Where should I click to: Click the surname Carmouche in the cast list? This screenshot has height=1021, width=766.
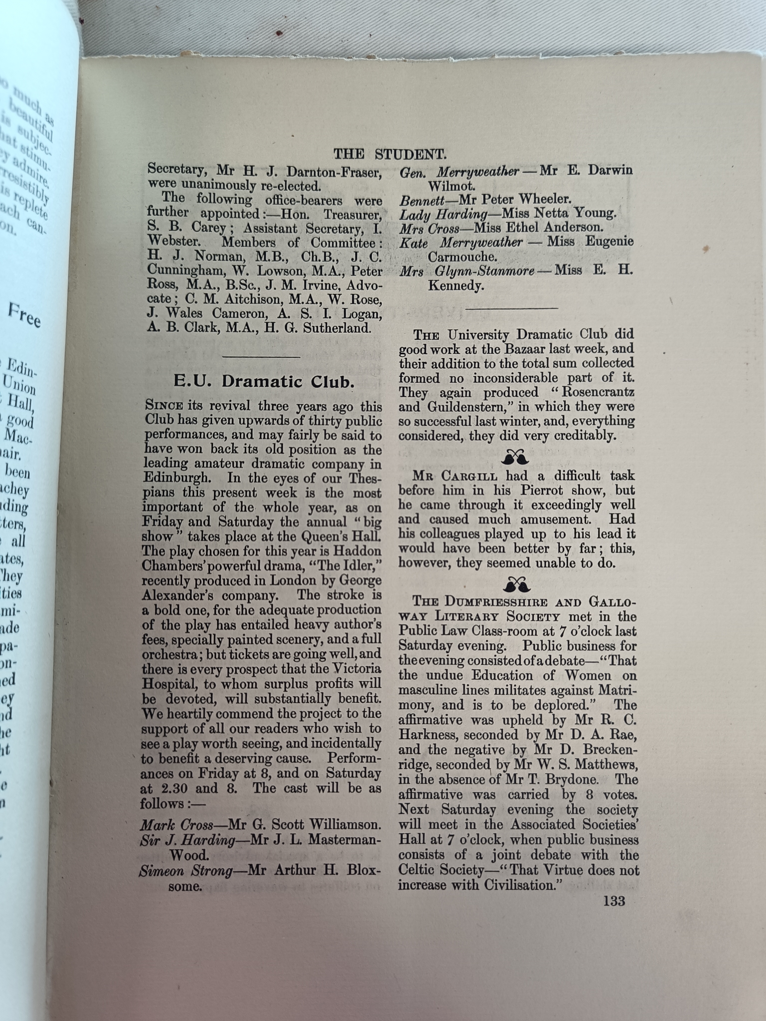(x=465, y=257)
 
